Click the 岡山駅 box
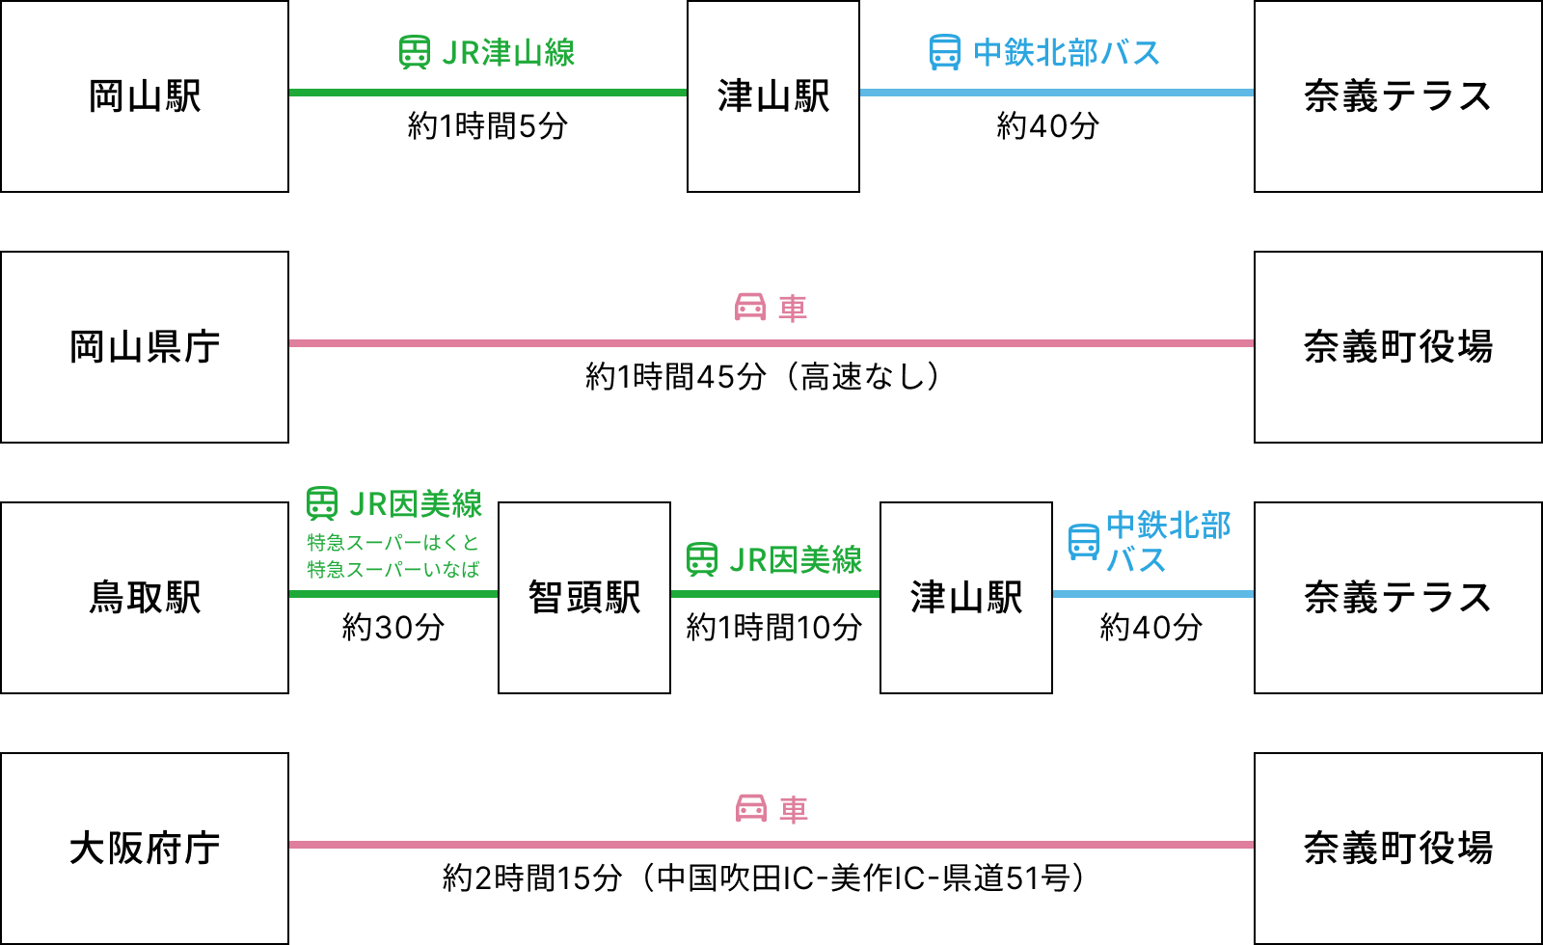pos(145,96)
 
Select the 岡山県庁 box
pos(145,347)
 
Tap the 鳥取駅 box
pos(145,598)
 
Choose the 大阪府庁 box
pos(145,849)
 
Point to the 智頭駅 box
pos(584,598)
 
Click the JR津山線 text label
pos(508,53)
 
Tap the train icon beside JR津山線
pos(415,53)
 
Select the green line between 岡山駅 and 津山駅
pos(488,93)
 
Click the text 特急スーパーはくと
pos(393,542)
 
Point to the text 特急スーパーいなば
pos(393,569)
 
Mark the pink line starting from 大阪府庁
pos(771,845)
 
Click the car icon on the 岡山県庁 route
pos(750,308)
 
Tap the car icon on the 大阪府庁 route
pos(751,809)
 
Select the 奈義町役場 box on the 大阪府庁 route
pos(1398,849)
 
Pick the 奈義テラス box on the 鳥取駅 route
pos(1398,598)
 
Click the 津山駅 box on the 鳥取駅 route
pos(966,598)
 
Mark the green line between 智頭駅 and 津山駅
pos(775,594)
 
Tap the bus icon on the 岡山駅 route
pos(945,53)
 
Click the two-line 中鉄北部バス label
pos(1168,543)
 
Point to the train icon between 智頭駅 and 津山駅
pos(702,559)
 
